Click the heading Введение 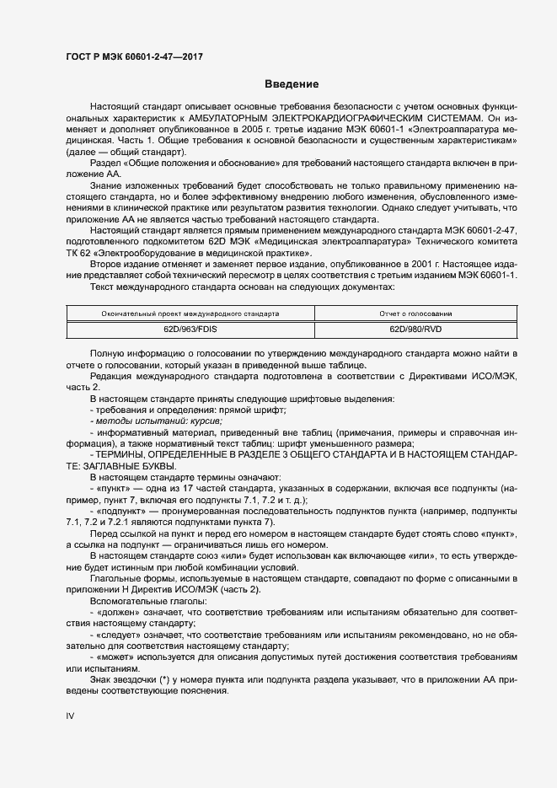tap(291, 84)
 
